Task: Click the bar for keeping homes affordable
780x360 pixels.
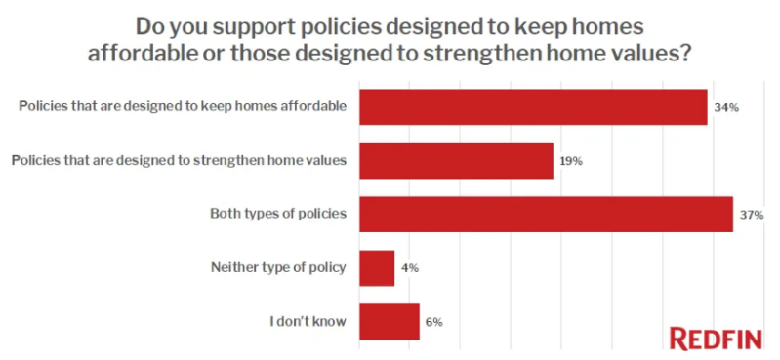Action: tap(533, 107)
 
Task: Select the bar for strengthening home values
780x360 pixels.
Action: tap(456, 161)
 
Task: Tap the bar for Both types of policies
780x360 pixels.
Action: tap(547, 215)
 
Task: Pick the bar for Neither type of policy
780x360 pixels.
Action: tap(377, 268)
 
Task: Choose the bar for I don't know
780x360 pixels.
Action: tap(390, 322)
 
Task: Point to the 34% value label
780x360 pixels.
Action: tap(725, 108)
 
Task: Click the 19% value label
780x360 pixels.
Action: tap(571, 162)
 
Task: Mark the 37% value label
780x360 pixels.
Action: tap(751, 216)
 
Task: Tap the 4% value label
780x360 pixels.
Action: tap(409, 269)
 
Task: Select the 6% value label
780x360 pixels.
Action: tap(434, 322)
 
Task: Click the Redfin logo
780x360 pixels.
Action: tap(716, 340)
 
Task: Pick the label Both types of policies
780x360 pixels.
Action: tap(278, 214)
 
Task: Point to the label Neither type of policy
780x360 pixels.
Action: tap(278, 267)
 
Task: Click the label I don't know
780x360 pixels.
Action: tap(308, 321)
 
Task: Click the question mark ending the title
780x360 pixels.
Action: tap(684, 53)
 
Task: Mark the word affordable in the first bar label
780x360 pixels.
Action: tap(316, 106)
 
